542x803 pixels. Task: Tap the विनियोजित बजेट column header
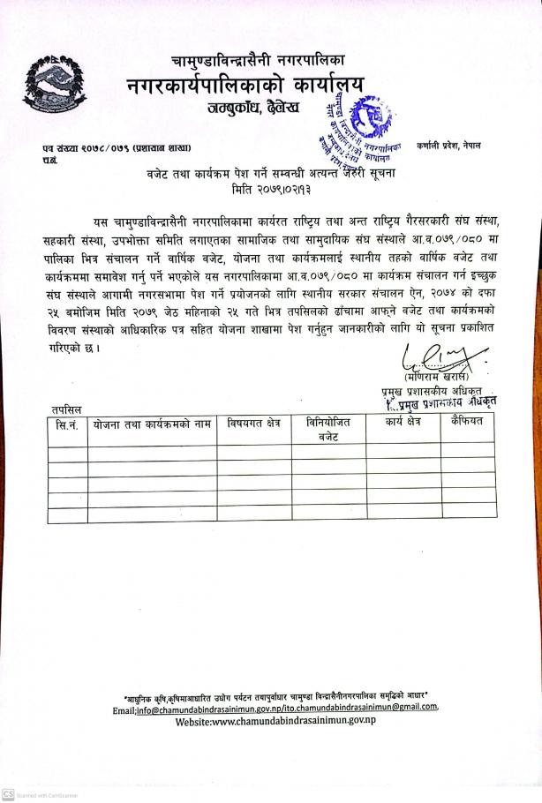point(328,430)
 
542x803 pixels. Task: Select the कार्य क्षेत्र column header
point(403,424)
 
